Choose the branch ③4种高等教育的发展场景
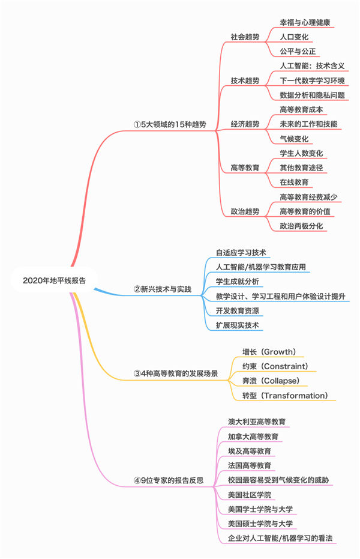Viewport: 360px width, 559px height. coord(176,373)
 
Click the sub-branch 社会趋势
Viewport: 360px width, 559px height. coord(245,37)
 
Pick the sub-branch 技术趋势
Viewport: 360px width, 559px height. coord(245,80)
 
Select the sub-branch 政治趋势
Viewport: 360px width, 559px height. coord(245,211)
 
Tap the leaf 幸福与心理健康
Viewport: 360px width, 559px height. coord(305,22)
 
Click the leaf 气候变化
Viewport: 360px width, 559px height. coord(295,138)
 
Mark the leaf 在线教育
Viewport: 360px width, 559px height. coord(295,182)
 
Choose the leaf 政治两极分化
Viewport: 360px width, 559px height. coord(305,226)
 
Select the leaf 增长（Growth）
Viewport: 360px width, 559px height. coord(269,351)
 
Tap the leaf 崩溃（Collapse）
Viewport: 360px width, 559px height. coord(272,381)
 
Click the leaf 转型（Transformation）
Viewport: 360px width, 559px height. coord(285,395)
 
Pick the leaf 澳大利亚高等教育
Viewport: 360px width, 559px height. coord(257,422)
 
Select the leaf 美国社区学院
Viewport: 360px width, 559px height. coord(250,494)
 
